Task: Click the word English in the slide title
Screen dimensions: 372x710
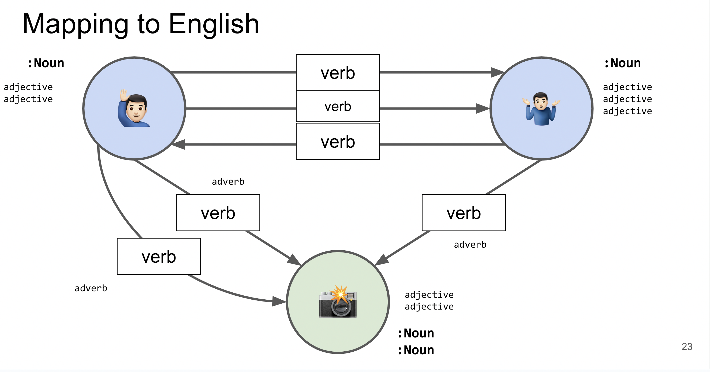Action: [x=214, y=25]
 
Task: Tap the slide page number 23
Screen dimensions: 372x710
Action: [x=687, y=346]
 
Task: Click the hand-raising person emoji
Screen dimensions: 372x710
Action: [x=134, y=108]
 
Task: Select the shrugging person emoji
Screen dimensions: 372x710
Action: [x=541, y=109]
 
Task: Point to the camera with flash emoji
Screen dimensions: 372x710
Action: [x=338, y=302]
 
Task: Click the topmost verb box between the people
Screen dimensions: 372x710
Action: [x=338, y=73]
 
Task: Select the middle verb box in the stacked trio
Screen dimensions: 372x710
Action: [x=338, y=106]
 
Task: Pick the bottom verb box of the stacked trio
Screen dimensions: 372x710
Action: [x=338, y=142]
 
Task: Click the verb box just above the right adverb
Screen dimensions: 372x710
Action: [x=464, y=213]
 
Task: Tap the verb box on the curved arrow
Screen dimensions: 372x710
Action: [x=159, y=256]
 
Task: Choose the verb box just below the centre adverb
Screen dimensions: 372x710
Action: [x=218, y=213]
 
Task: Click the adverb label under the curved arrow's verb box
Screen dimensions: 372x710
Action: [x=91, y=288]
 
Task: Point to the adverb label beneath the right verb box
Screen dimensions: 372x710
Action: [x=470, y=245]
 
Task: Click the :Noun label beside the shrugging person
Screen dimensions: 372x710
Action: [x=622, y=63]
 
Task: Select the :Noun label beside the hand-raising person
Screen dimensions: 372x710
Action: [x=46, y=63]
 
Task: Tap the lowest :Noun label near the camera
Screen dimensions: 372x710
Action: [x=416, y=350]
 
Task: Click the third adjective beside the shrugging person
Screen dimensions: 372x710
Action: [x=627, y=111]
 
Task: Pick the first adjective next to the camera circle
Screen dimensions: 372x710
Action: [x=429, y=295]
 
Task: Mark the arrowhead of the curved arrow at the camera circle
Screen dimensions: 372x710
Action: [x=279, y=301]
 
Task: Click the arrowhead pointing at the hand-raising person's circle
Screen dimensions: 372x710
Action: [x=179, y=144]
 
